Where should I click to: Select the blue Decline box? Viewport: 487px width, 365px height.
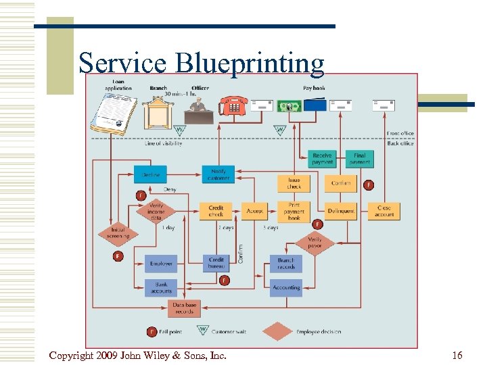[150, 174]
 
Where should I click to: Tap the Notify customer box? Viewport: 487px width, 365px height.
[218, 174]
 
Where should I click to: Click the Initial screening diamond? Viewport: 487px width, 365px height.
[119, 233]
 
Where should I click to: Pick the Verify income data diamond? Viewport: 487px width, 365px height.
[156, 212]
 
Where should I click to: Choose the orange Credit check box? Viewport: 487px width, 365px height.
[216, 211]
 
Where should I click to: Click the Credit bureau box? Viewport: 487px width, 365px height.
[216, 263]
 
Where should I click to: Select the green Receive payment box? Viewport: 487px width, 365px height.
[322, 159]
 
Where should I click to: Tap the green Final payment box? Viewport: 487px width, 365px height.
[360, 159]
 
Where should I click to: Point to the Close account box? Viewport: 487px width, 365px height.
[384, 211]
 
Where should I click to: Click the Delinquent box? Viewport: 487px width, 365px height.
[341, 211]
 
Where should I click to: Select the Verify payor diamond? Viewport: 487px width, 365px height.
[315, 243]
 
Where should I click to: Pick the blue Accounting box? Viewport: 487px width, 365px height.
[286, 287]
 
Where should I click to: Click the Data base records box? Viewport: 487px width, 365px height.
[184, 308]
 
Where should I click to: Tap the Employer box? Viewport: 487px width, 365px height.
[161, 263]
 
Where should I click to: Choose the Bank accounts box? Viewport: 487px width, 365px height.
[161, 287]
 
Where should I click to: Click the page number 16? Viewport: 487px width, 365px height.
[457, 356]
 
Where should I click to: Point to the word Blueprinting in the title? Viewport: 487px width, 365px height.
[250, 63]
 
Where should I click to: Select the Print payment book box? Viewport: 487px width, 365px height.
[294, 211]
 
